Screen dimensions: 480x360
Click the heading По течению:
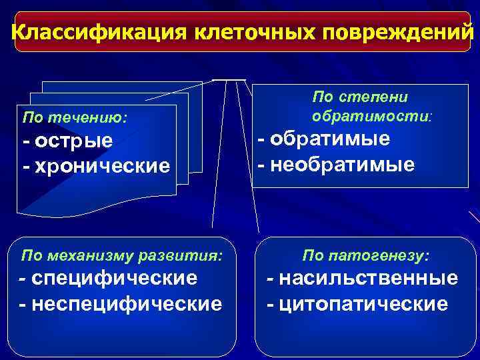(x=75, y=119)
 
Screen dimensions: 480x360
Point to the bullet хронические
(x=96, y=165)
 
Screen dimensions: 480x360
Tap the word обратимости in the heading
(x=370, y=116)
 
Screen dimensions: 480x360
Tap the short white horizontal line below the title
(x=229, y=79)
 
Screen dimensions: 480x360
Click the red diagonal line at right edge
(x=474, y=217)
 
